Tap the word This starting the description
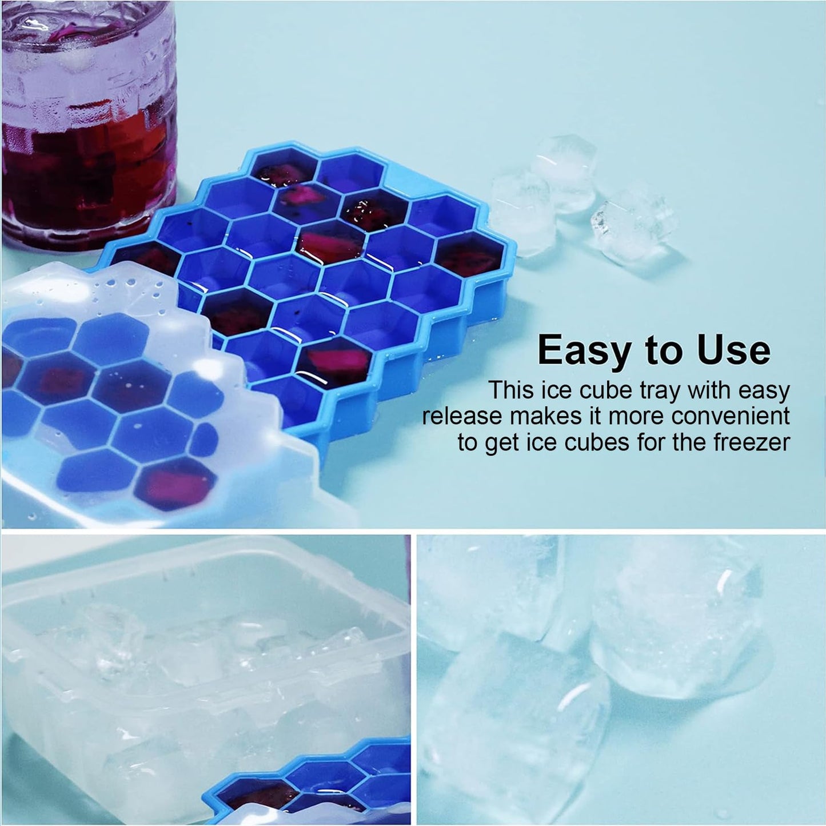510,390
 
